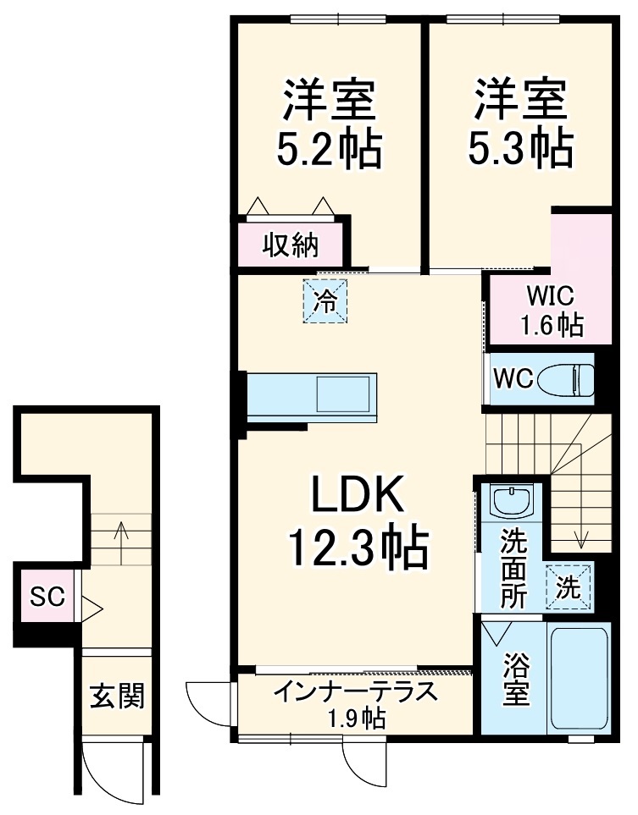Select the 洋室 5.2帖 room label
[x=329, y=124]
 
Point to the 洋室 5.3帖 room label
[x=519, y=124]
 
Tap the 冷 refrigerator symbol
[x=326, y=300]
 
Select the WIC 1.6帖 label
[x=551, y=311]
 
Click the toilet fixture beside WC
[x=571, y=378]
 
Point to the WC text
[x=513, y=379]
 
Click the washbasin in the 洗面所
[x=511, y=504]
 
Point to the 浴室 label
[x=514, y=679]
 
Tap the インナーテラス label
[x=356, y=691]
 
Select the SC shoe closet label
[x=47, y=596]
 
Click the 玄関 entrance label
[x=118, y=697]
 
